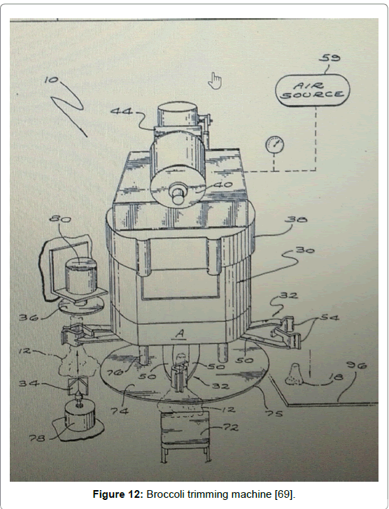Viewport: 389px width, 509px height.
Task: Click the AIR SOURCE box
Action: coord(312,90)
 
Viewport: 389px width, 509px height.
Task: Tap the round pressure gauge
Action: coord(274,145)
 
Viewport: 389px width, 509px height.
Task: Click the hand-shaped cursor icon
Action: coord(215,81)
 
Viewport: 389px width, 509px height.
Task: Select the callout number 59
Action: coord(330,58)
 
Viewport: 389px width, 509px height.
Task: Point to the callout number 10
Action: coord(51,80)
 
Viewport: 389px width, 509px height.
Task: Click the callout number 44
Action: coord(122,111)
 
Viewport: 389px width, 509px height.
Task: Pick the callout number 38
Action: coord(296,220)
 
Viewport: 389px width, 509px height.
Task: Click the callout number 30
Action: coord(305,250)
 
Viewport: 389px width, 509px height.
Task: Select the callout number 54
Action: coord(330,317)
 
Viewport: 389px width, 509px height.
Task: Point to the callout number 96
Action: coord(357,366)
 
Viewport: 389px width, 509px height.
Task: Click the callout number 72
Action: coord(230,427)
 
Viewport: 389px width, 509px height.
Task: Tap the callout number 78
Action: coord(37,438)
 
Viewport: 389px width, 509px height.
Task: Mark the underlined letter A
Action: coord(180,334)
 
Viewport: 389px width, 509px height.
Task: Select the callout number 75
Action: coord(274,413)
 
